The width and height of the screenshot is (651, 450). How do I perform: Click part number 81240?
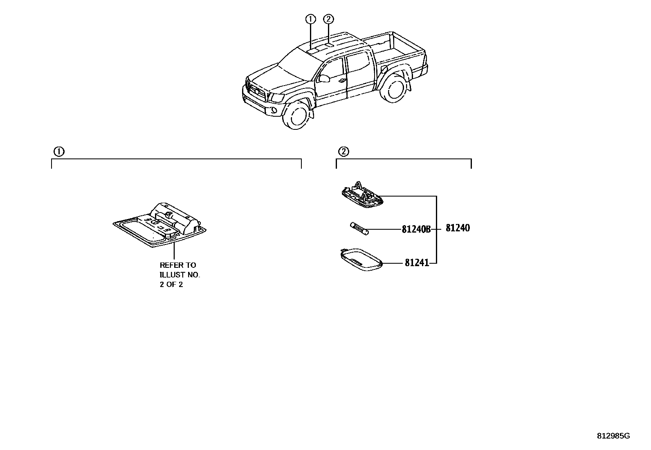pos(458,228)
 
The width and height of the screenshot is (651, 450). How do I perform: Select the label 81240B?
pos(416,229)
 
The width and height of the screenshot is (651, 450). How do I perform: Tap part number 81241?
pos(417,263)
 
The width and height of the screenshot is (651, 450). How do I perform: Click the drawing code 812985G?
pos(613,436)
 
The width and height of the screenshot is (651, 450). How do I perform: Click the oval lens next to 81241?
pos(361,260)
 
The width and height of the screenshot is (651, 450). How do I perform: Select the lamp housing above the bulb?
pos(362,195)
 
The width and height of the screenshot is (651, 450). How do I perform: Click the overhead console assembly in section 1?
pos(160,225)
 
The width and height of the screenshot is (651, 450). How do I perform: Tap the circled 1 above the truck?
pos(311,19)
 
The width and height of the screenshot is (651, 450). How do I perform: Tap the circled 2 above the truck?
pos(328,19)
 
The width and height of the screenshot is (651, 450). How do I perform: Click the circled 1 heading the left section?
pos(59,152)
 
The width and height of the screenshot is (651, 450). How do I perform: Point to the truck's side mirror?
pos(324,78)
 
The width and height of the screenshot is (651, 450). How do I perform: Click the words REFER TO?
pos(177,265)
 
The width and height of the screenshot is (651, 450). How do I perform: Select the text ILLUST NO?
pos(180,275)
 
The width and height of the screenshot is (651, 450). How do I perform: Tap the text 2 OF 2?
pos(171,285)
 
